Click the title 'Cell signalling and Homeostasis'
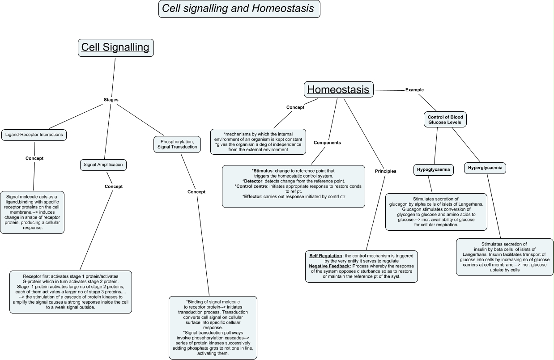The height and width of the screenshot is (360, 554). click(239, 8)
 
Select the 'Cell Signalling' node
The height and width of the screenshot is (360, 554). click(115, 47)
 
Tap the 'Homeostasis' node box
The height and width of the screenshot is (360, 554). click(338, 89)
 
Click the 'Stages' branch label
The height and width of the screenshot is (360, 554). click(111, 99)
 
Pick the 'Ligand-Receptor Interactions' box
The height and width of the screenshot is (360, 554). click(34, 134)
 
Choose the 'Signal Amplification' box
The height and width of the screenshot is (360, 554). click(103, 165)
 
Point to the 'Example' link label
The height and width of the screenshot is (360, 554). click(414, 90)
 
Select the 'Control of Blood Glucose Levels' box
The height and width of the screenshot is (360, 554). click(445, 119)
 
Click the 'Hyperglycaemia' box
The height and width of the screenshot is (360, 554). click(485, 168)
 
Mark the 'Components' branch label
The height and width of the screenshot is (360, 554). click(327, 143)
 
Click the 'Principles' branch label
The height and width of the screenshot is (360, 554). click(385, 171)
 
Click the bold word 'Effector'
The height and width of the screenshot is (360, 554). click(252, 196)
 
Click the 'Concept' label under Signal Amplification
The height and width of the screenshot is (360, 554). click(113, 186)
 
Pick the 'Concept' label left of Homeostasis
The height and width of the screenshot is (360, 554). click(295, 107)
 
